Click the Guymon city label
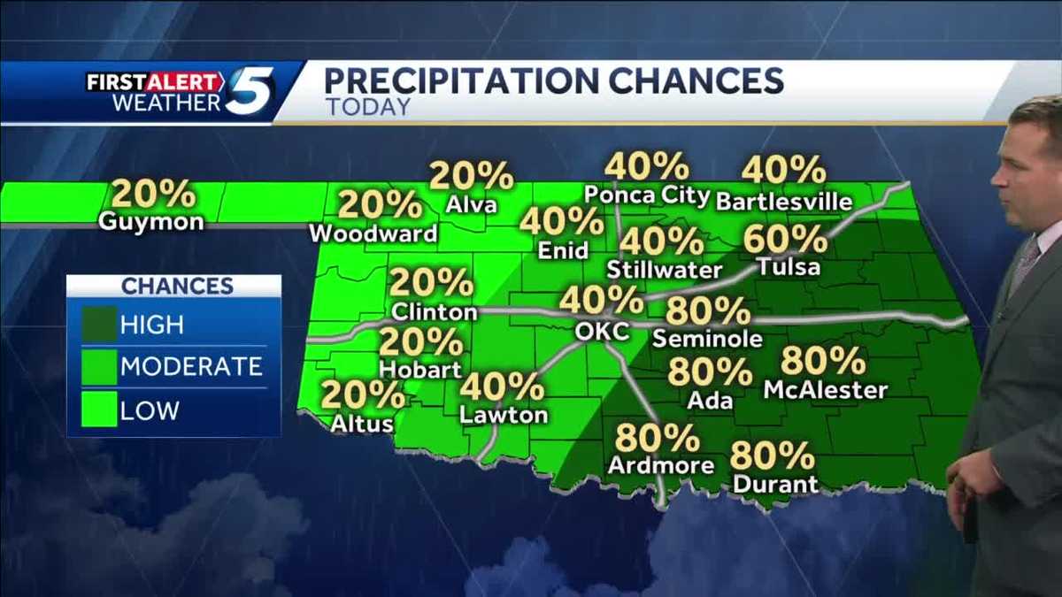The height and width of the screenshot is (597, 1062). (x=151, y=221)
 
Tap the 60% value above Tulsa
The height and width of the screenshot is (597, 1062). (x=786, y=240)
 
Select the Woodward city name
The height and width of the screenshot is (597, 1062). (x=373, y=233)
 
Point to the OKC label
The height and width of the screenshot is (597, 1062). (x=601, y=332)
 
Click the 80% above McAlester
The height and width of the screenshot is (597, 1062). (x=823, y=362)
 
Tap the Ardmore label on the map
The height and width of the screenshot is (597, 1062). (x=661, y=464)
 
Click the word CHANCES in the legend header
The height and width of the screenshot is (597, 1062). (x=177, y=286)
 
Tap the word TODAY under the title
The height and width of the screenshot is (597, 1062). (x=368, y=107)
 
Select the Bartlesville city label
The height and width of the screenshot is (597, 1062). (x=783, y=202)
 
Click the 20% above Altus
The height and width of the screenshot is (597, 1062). (x=363, y=395)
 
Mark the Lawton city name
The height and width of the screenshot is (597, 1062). (x=504, y=414)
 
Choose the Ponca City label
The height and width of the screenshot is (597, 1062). (x=647, y=195)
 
